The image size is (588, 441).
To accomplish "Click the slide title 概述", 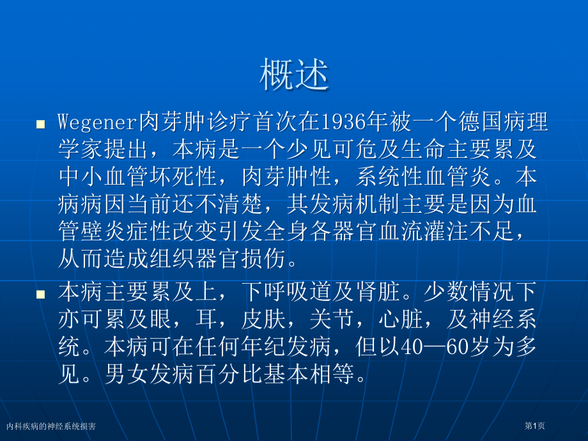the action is point(294,75).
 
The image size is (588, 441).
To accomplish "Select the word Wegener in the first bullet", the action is point(98,121).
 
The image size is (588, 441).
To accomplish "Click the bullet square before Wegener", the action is point(40,124).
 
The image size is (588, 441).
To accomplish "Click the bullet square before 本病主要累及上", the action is point(40,294).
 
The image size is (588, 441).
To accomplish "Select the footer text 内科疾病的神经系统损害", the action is point(51,426).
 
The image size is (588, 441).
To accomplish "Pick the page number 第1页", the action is point(534,426).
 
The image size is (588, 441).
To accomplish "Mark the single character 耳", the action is point(206,320).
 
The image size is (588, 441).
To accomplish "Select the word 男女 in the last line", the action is point(127,375).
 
